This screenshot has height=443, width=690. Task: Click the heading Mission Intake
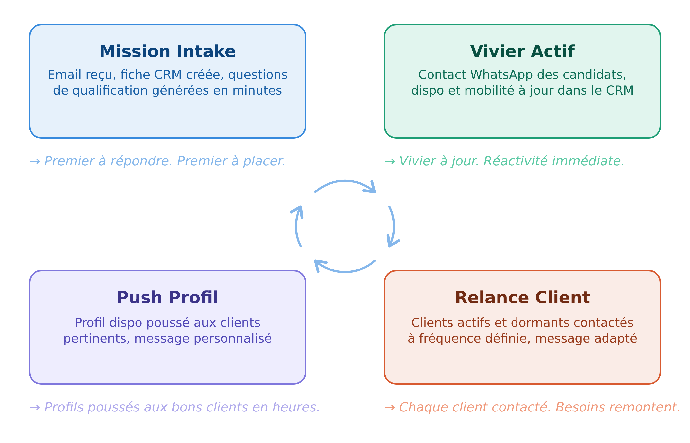[167, 51]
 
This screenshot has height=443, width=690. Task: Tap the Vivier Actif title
[522, 51]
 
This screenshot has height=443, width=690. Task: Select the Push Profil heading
[167, 298]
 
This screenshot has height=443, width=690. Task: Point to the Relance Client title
[522, 298]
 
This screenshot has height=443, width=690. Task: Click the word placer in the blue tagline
[264, 161]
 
